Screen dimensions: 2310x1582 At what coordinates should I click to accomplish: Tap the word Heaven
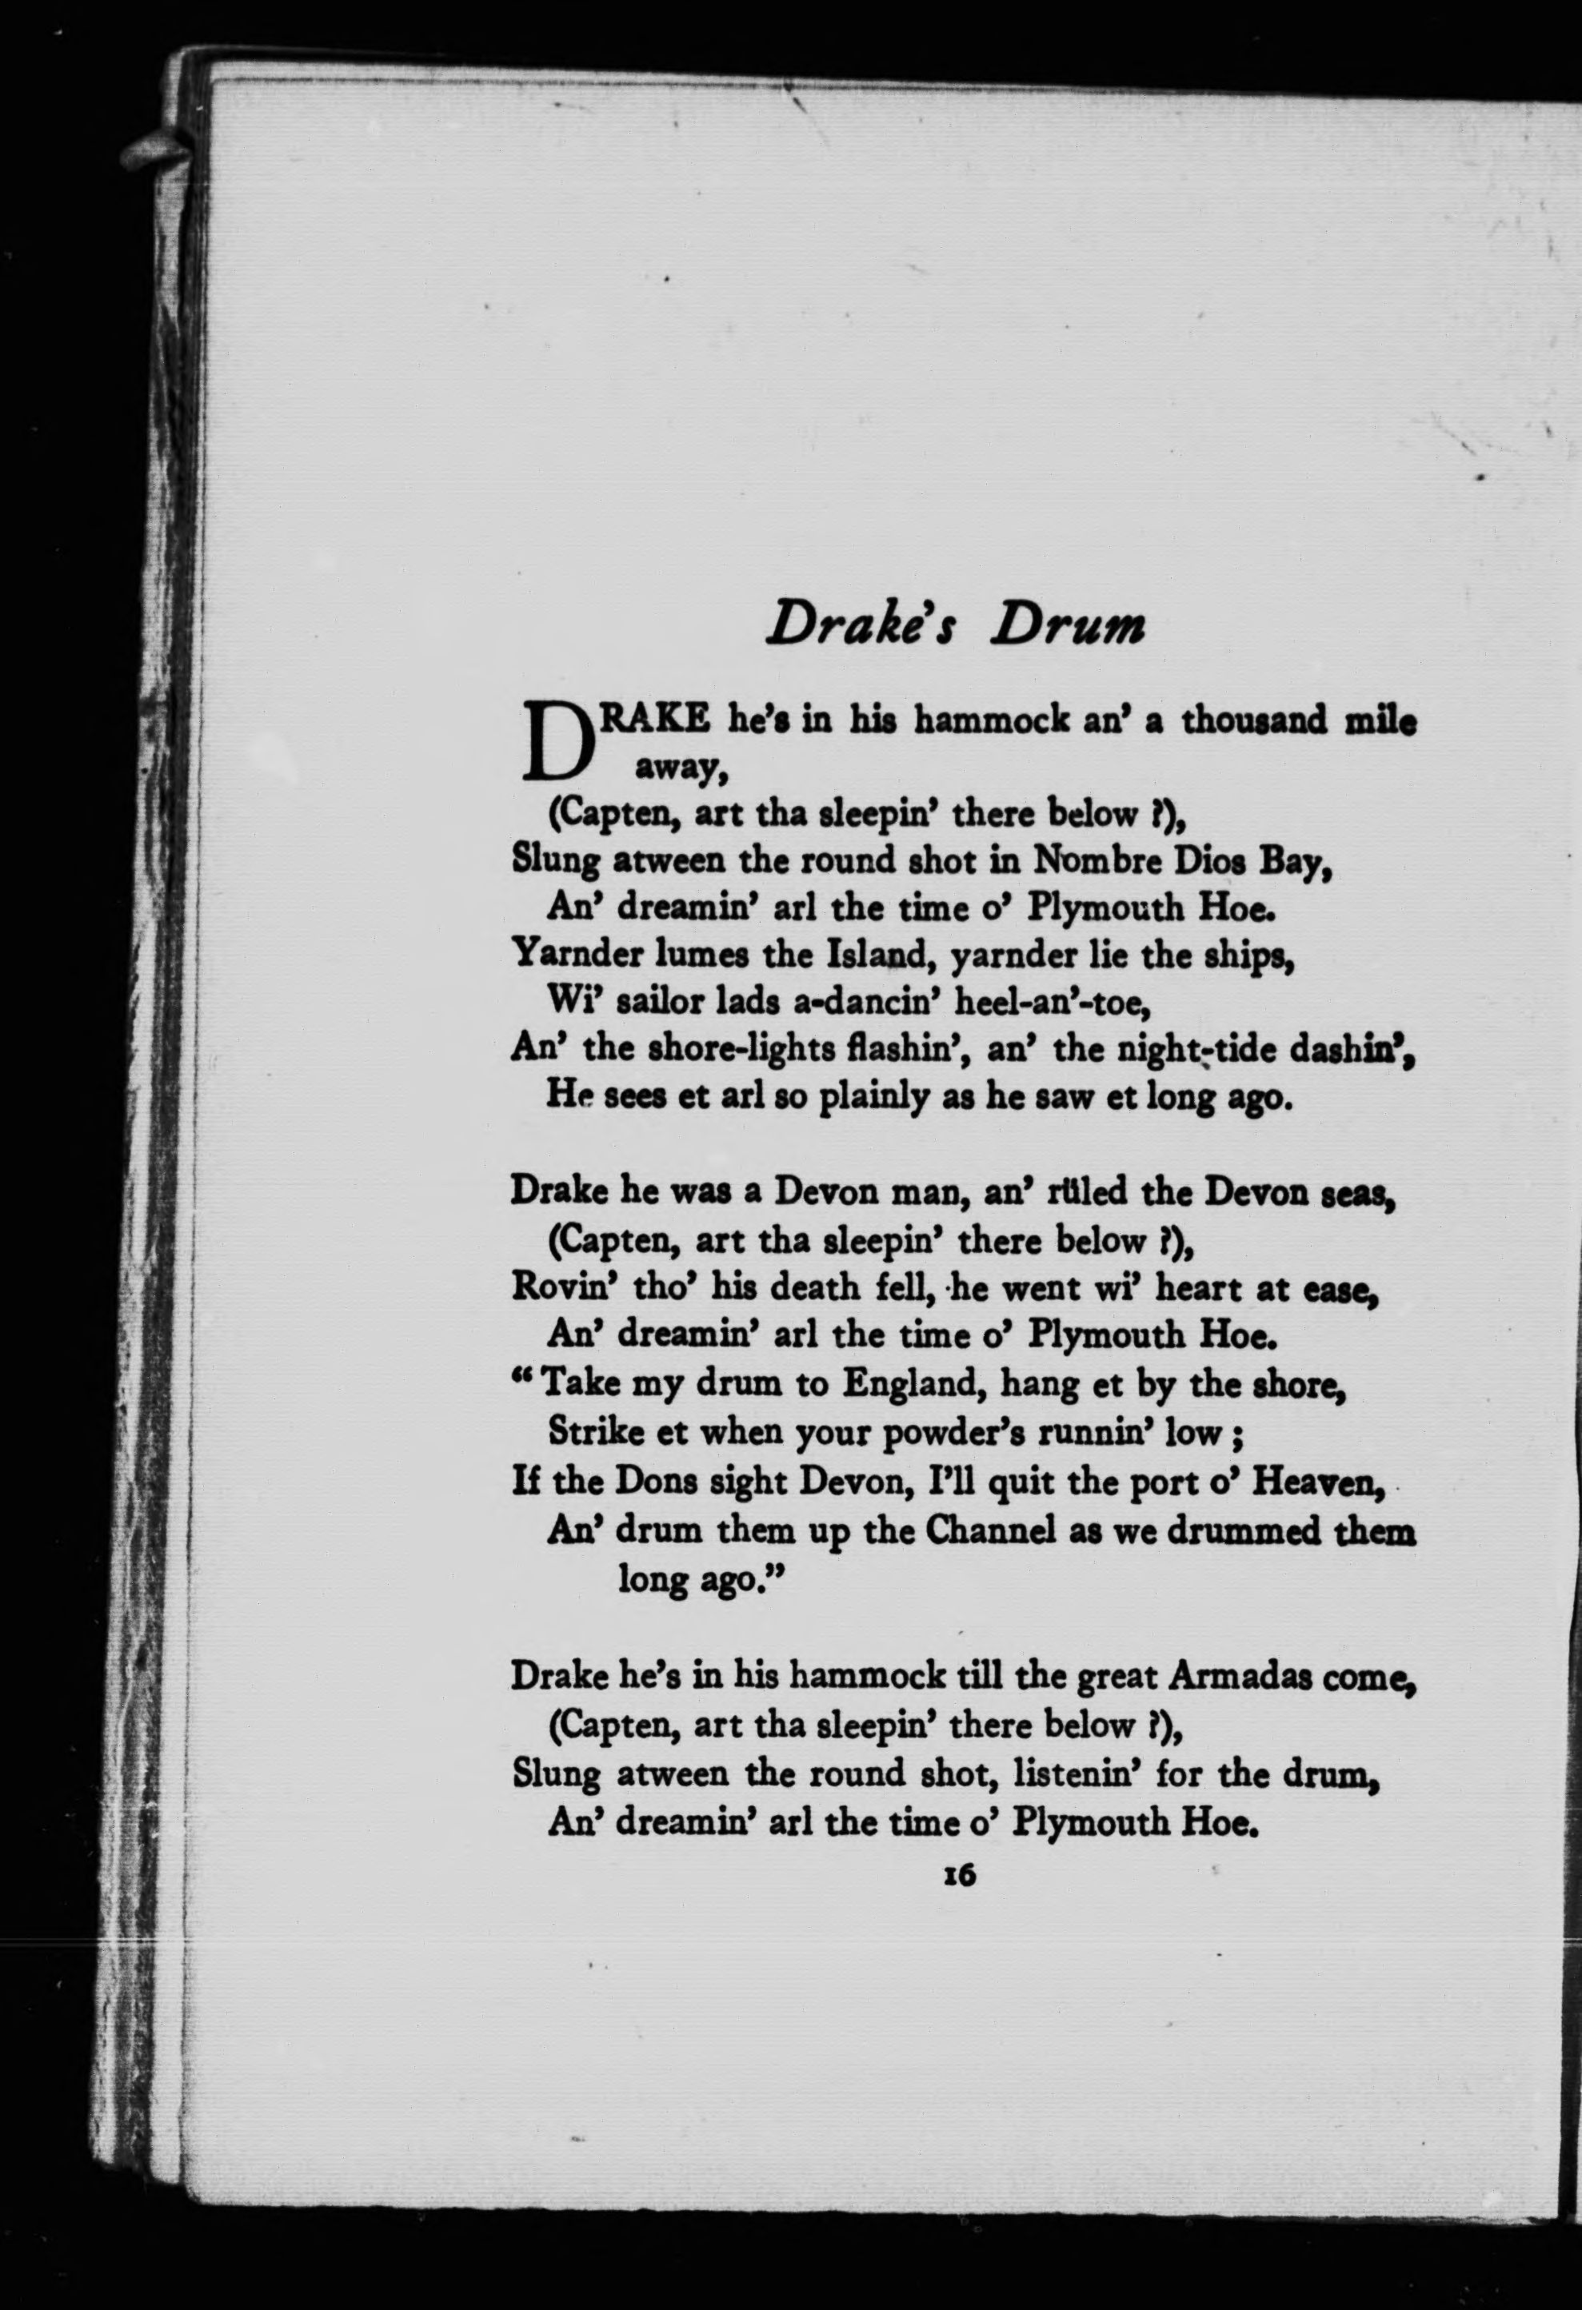(1316, 1481)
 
